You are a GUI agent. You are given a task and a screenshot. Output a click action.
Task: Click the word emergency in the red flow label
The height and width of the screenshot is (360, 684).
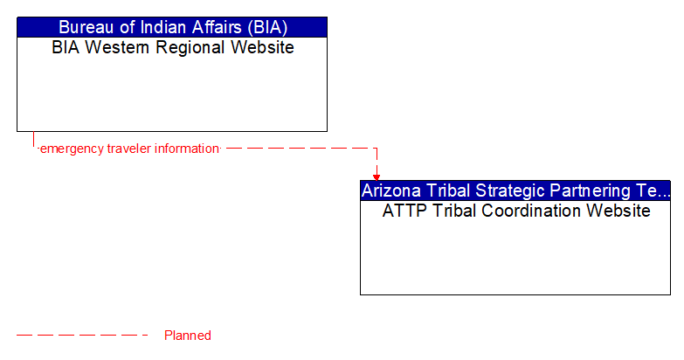[72, 149]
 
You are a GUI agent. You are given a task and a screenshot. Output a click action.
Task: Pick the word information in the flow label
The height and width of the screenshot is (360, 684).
[185, 149]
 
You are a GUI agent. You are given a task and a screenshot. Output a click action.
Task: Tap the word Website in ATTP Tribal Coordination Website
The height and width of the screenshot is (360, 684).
[618, 211]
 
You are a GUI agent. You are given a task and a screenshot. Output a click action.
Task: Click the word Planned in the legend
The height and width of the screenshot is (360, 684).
[187, 336]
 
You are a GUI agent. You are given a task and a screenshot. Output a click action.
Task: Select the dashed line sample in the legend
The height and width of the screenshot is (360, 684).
[83, 336]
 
